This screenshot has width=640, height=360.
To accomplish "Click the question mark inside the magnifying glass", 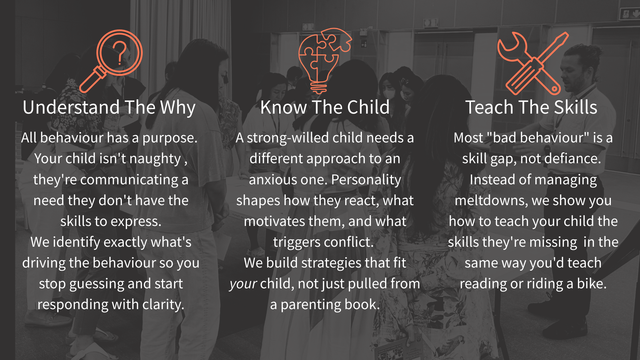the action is [120, 53].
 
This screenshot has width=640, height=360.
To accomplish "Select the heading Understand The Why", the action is [109, 107].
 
